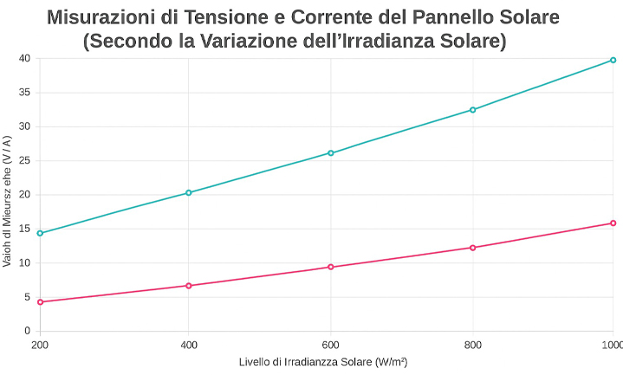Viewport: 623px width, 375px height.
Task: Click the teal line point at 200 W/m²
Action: [40, 233]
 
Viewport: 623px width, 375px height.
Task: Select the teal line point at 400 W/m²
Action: [189, 192]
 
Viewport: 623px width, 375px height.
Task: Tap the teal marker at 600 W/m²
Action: [331, 152]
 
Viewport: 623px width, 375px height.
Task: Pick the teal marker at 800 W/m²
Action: [473, 110]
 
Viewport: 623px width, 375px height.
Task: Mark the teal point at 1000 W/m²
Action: [613, 60]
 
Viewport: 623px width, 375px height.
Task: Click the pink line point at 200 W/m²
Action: [40, 301]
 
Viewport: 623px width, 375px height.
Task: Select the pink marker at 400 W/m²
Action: [189, 285]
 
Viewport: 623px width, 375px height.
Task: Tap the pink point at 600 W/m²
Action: [331, 267]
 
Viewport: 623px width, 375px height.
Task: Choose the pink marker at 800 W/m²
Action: [473, 248]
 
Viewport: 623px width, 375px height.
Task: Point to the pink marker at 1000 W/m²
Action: [613, 223]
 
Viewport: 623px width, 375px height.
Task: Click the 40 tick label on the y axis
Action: [24, 58]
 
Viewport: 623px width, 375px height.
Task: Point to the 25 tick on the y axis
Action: [24, 160]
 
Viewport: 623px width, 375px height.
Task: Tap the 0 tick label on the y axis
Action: [28, 331]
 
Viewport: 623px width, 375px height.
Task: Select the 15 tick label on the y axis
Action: [24, 229]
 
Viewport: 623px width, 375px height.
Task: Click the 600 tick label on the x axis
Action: [331, 345]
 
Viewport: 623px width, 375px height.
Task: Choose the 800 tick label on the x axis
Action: [473, 345]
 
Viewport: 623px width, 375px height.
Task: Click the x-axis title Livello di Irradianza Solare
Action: [323, 362]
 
